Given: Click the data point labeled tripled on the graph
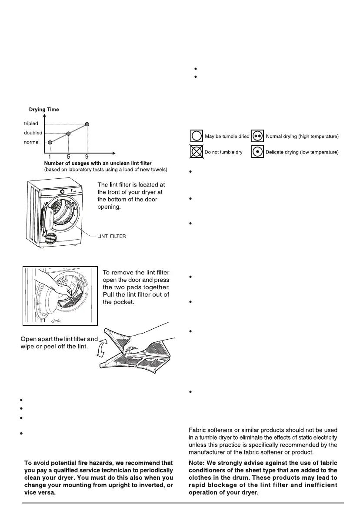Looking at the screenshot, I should pos(87,124).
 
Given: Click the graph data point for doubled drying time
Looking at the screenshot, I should pos(68,133).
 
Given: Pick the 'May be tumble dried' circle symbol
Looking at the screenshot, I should pos(197,136).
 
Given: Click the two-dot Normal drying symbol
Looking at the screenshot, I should pos(258,136).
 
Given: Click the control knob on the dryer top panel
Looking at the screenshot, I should pos(63,191).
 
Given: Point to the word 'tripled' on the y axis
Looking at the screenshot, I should pos(31,124).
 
